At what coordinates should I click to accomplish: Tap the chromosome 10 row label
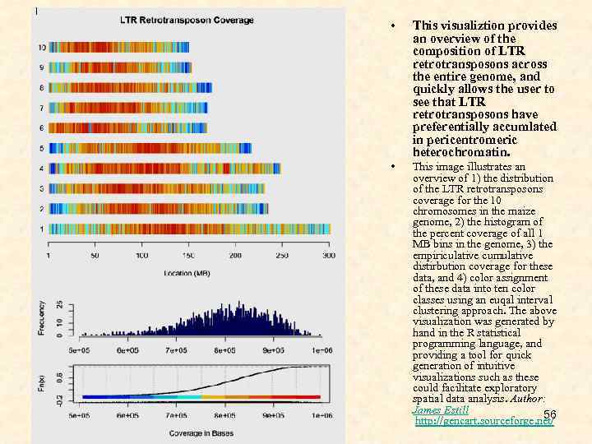[41, 48]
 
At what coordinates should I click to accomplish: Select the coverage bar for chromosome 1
[189, 229]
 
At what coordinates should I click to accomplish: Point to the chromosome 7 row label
[42, 108]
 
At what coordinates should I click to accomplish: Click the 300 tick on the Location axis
[328, 257]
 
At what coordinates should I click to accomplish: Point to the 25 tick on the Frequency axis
[58, 304]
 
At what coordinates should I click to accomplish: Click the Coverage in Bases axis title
[198, 433]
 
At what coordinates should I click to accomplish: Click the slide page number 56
[550, 413]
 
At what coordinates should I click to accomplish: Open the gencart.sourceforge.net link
[484, 421]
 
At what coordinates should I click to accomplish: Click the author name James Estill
[440, 409]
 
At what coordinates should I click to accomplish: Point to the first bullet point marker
[394, 25]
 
